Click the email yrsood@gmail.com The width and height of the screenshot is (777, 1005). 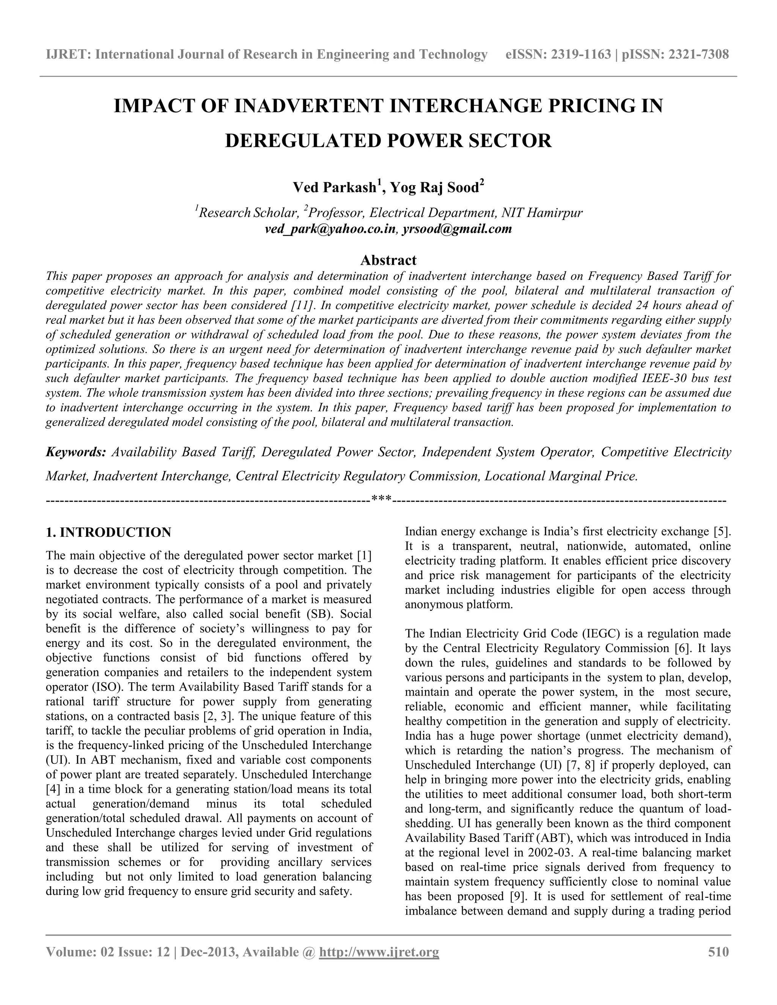(x=457, y=229)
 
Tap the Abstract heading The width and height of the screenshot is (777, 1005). (x=388, y=260)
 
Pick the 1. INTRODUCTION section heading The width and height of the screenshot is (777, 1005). (x=109, y=532)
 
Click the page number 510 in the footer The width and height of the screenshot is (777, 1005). (x=718, y=952)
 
